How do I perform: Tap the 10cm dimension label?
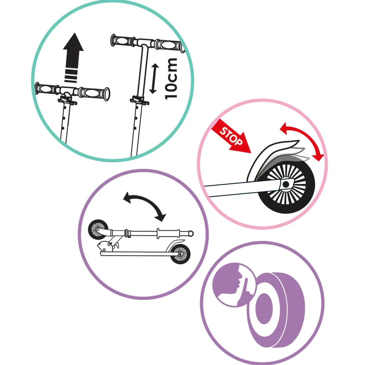point(172,78)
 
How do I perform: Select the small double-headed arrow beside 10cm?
point(153,78)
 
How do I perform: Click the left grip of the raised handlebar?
point(123,41)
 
